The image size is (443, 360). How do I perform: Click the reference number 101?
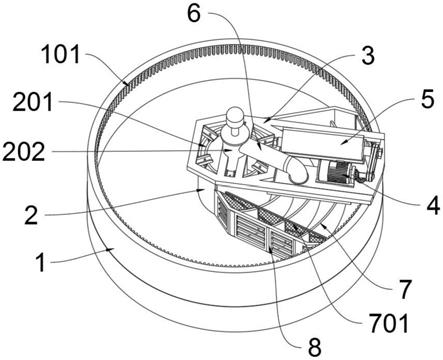point(61,55)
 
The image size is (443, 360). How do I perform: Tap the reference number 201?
point(33,102)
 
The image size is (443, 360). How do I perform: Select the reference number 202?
point(23,152)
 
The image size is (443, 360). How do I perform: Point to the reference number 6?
point(194,13)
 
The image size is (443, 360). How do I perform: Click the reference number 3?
point(368,55)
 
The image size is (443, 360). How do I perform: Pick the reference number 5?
point(428,99)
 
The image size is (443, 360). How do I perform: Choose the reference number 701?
point(389,323)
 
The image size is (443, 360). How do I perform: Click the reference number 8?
point(314,347)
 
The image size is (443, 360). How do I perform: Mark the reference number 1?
point(41,262)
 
